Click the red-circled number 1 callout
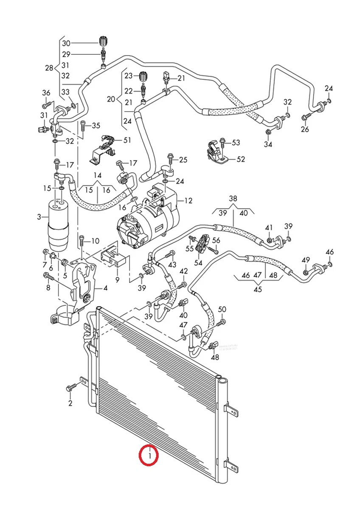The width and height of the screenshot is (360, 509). tap(149, 456)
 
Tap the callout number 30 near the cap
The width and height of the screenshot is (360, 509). tap(66, 43)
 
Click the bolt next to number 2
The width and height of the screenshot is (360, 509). tap(71, 387)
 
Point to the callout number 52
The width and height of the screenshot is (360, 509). tap(241, 159)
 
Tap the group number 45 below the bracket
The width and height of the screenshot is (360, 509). tap(257, 290)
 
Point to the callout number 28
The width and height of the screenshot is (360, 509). tap(49, 68)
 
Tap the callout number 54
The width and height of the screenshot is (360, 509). tap(198, 263)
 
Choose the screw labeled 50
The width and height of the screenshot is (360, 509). tap(220, 323)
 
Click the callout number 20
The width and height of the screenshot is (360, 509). tap(111, 99)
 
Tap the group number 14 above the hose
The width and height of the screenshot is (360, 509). tap(98, 175)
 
